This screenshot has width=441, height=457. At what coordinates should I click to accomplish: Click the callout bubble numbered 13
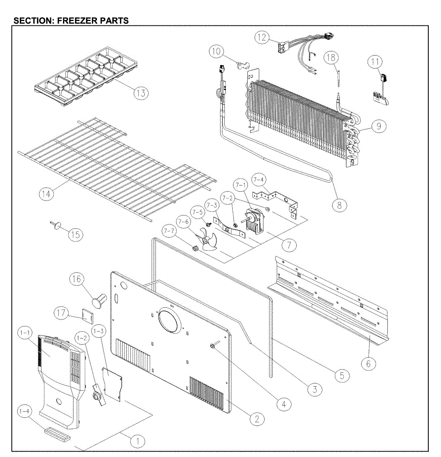click(141, 93)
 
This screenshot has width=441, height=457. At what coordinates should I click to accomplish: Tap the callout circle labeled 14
click(46, 194)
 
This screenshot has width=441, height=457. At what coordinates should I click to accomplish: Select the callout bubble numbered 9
click(379, 126)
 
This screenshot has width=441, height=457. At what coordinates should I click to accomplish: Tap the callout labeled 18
click(331, 58)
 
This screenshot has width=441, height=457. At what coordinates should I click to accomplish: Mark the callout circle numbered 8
click(339, 205)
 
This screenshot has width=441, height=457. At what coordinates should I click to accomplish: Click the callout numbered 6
click(368, 364)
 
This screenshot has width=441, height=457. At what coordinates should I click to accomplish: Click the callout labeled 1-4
click(25, 411)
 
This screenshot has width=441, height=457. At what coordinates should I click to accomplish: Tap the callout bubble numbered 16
click(76, 279)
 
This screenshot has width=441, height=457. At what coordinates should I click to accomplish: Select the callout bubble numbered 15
click(76, 235)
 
